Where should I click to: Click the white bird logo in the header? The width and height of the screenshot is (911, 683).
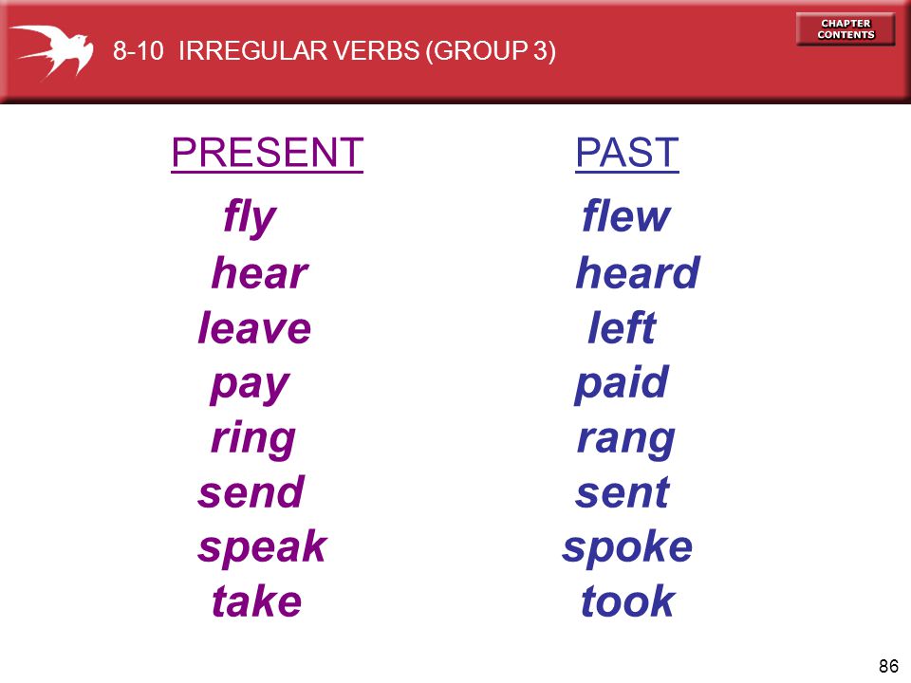(56, 51)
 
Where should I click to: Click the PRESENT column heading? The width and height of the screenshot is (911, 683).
(268, 153)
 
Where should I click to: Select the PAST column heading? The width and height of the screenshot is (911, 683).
(627, 153)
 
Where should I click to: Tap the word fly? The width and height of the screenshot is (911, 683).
(250, 217)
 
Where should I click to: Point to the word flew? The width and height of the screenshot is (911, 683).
(626, 215)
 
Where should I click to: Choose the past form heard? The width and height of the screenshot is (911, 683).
(638, 272)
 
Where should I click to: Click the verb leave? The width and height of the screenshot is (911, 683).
(254, 327)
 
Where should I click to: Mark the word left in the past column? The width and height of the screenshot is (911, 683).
(622, 327)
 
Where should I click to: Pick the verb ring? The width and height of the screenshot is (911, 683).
(253, 439)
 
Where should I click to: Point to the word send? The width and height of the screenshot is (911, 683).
(251, 492)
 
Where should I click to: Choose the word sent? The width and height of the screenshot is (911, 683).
(623, 493)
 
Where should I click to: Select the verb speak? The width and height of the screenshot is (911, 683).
(263, 546)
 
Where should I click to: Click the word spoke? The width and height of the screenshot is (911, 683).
(627, 546)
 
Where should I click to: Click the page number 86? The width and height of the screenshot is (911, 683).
(889, 666)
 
